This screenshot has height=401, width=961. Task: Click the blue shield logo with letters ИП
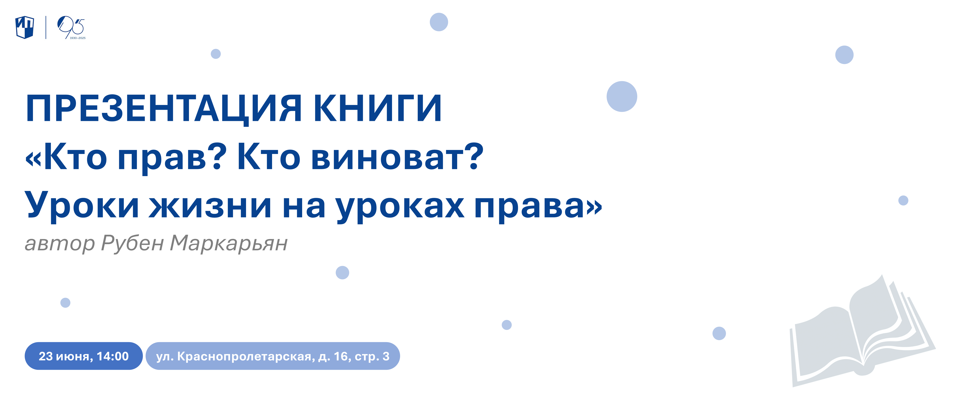coord(25,27)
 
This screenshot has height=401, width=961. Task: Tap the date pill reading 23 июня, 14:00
coord(83,356)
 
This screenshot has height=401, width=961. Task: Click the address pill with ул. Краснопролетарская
coord(273,356)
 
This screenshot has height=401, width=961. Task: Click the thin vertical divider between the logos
coord(46,27)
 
